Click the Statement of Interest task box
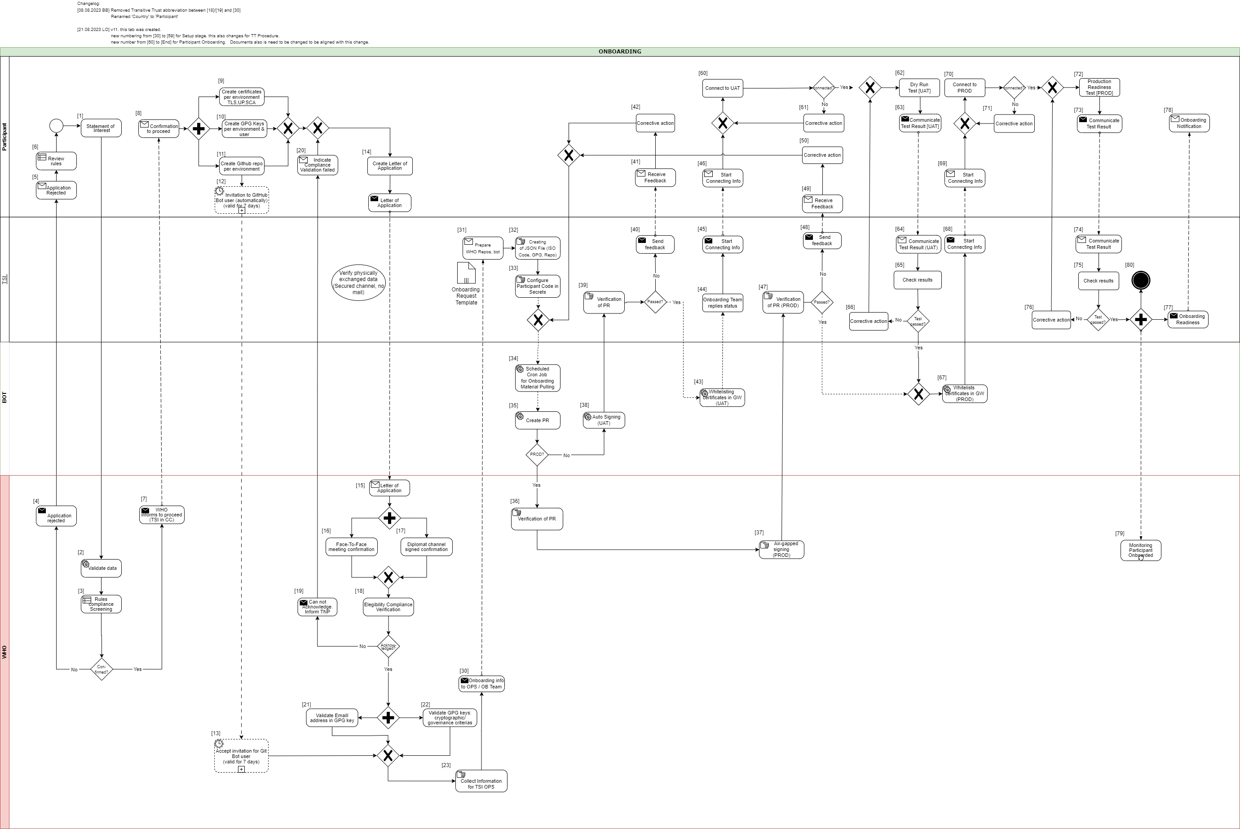pos(101,128)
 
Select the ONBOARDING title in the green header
pos(620,52)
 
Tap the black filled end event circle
pos(1141,280)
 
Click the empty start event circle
pos(56,126)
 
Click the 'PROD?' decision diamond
pos(537,454)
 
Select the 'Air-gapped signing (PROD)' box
pos(781,550)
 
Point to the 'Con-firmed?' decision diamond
pos(101,669)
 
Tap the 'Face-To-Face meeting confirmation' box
pos(352,547)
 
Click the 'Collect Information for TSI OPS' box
pos(481,781)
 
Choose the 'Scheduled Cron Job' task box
pos(537,378)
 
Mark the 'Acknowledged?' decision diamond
pos(388,647)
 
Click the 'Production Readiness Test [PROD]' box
pos(1099,87)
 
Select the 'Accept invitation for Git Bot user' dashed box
pos(241,756)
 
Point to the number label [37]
pos(759,533)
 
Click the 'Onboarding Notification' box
pos(1189,123)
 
